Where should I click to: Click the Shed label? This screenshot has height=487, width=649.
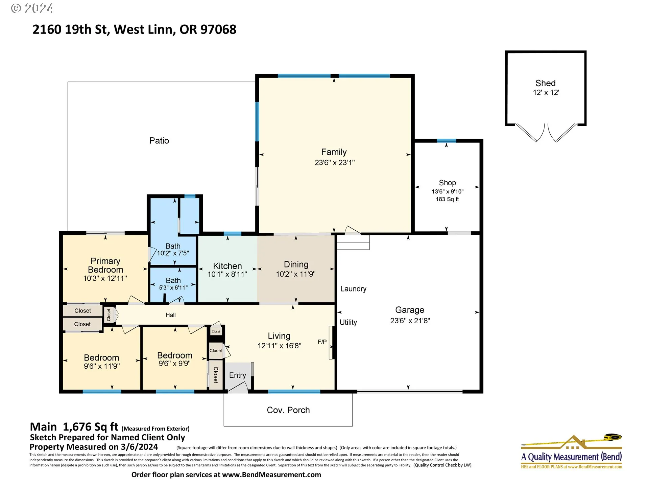545,83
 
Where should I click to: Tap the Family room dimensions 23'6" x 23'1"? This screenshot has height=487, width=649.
335,163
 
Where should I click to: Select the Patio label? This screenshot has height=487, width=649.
159,141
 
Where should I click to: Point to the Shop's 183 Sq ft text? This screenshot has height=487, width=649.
447,199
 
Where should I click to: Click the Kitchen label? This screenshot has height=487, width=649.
227,266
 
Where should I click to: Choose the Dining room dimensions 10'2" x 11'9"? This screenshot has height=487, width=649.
296,274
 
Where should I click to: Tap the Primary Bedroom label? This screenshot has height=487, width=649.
105,265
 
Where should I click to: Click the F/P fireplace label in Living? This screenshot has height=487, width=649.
322,342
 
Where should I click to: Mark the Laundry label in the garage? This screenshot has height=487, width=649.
353,289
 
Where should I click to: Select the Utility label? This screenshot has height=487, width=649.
348,322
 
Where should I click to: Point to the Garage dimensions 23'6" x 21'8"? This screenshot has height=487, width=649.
410,321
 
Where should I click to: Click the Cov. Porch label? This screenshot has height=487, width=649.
288,410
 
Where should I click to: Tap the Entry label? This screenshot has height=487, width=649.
238,375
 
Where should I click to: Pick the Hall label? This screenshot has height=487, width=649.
171,315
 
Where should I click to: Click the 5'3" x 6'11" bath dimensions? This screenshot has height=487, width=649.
173,288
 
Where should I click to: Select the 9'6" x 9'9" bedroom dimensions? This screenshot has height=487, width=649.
175,364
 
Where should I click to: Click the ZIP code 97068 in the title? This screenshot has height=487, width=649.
218,29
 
